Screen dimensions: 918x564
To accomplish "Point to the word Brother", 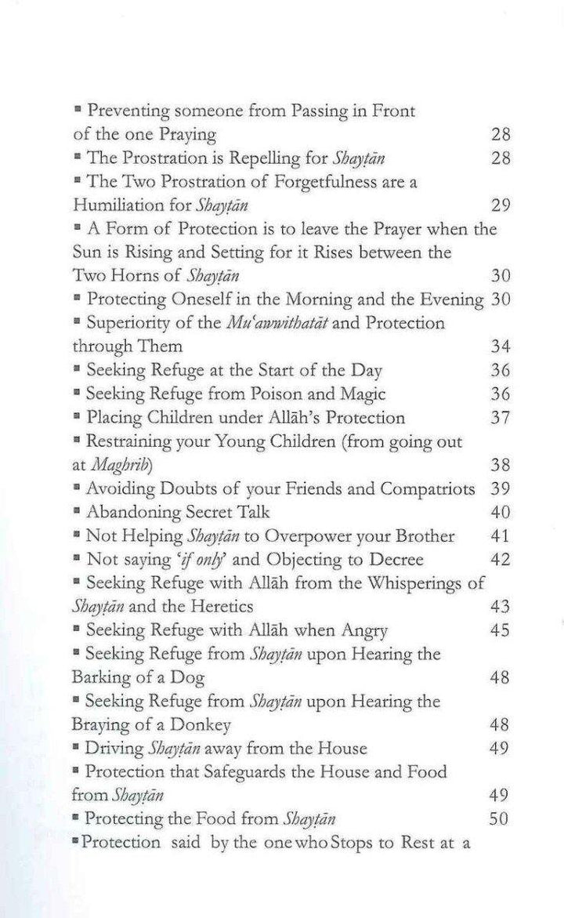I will pyautogui.click(x=418, y=536).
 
